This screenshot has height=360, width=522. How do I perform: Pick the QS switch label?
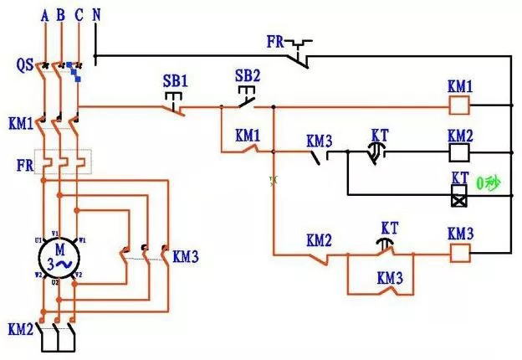point(24,64)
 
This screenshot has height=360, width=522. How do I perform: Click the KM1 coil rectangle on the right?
point(460,105)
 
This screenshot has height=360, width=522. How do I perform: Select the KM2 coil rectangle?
point(460,152)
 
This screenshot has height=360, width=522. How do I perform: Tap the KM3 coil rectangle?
point(460,250)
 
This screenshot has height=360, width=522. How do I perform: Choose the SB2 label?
point(248,75)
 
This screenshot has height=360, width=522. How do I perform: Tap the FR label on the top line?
point(276,40)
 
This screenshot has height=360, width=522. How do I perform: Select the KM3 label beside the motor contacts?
point(185,256)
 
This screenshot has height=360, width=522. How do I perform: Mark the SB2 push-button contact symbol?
point(247,100)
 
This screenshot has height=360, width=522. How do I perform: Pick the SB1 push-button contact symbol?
point(175,103)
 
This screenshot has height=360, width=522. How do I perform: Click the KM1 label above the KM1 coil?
point(460,87)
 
